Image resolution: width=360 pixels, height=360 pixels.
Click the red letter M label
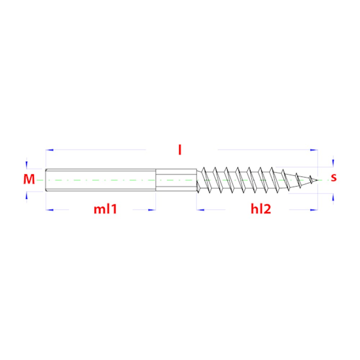29,179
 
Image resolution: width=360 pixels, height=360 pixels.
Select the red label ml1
105,209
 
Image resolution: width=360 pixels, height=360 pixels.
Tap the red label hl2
261,209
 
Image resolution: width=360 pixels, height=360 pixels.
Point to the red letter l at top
180,150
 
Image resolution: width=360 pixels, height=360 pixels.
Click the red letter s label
334,177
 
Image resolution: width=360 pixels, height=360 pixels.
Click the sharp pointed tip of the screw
318,180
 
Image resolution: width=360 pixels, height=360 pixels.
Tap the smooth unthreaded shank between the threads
176,180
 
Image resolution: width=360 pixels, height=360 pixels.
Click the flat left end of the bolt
46,180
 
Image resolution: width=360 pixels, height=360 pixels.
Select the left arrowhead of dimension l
49,150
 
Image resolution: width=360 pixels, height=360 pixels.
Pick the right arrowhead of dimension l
314,150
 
